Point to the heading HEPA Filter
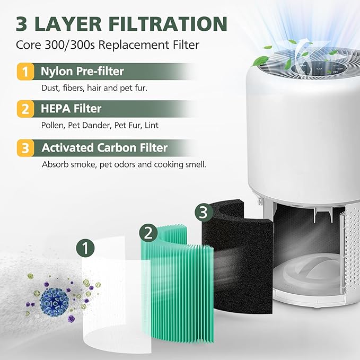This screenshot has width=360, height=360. [x=71, y=109]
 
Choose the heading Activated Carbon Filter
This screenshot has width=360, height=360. [x=104, y=147]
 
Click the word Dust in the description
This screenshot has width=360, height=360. [x=50, y=87]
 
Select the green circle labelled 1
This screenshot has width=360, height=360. [x=85, y=247]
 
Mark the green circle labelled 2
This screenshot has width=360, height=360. [x=148, y=232]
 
